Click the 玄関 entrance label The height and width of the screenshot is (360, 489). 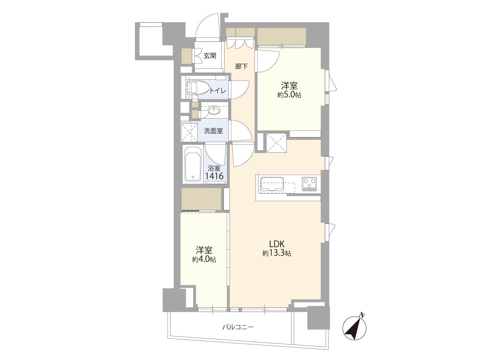[x=210, y=56]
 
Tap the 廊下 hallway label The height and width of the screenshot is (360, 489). [x=241, y=66]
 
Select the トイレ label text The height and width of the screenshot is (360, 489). [x=218, y=90]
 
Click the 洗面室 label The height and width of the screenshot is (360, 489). [x=213, y=131]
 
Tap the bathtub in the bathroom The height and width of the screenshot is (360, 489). [x=193, y=164]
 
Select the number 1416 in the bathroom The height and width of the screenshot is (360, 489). [x=214, y=176]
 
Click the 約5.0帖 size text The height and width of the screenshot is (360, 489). [x=289, y=95]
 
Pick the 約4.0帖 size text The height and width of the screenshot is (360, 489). [x=204, y=259]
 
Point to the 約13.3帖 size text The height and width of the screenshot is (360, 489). [x=277, y=253]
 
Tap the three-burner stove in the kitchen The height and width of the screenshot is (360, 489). [x=309, y=184]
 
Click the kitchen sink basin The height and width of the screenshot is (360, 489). [x=272, y=184]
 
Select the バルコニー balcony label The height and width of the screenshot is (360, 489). [x=238, y=327]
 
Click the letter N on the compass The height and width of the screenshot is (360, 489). [x=362, y=315]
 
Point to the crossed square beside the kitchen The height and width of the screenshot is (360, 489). [x=277, y=143]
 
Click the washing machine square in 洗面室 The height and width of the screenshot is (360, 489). [x=189, y=132]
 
